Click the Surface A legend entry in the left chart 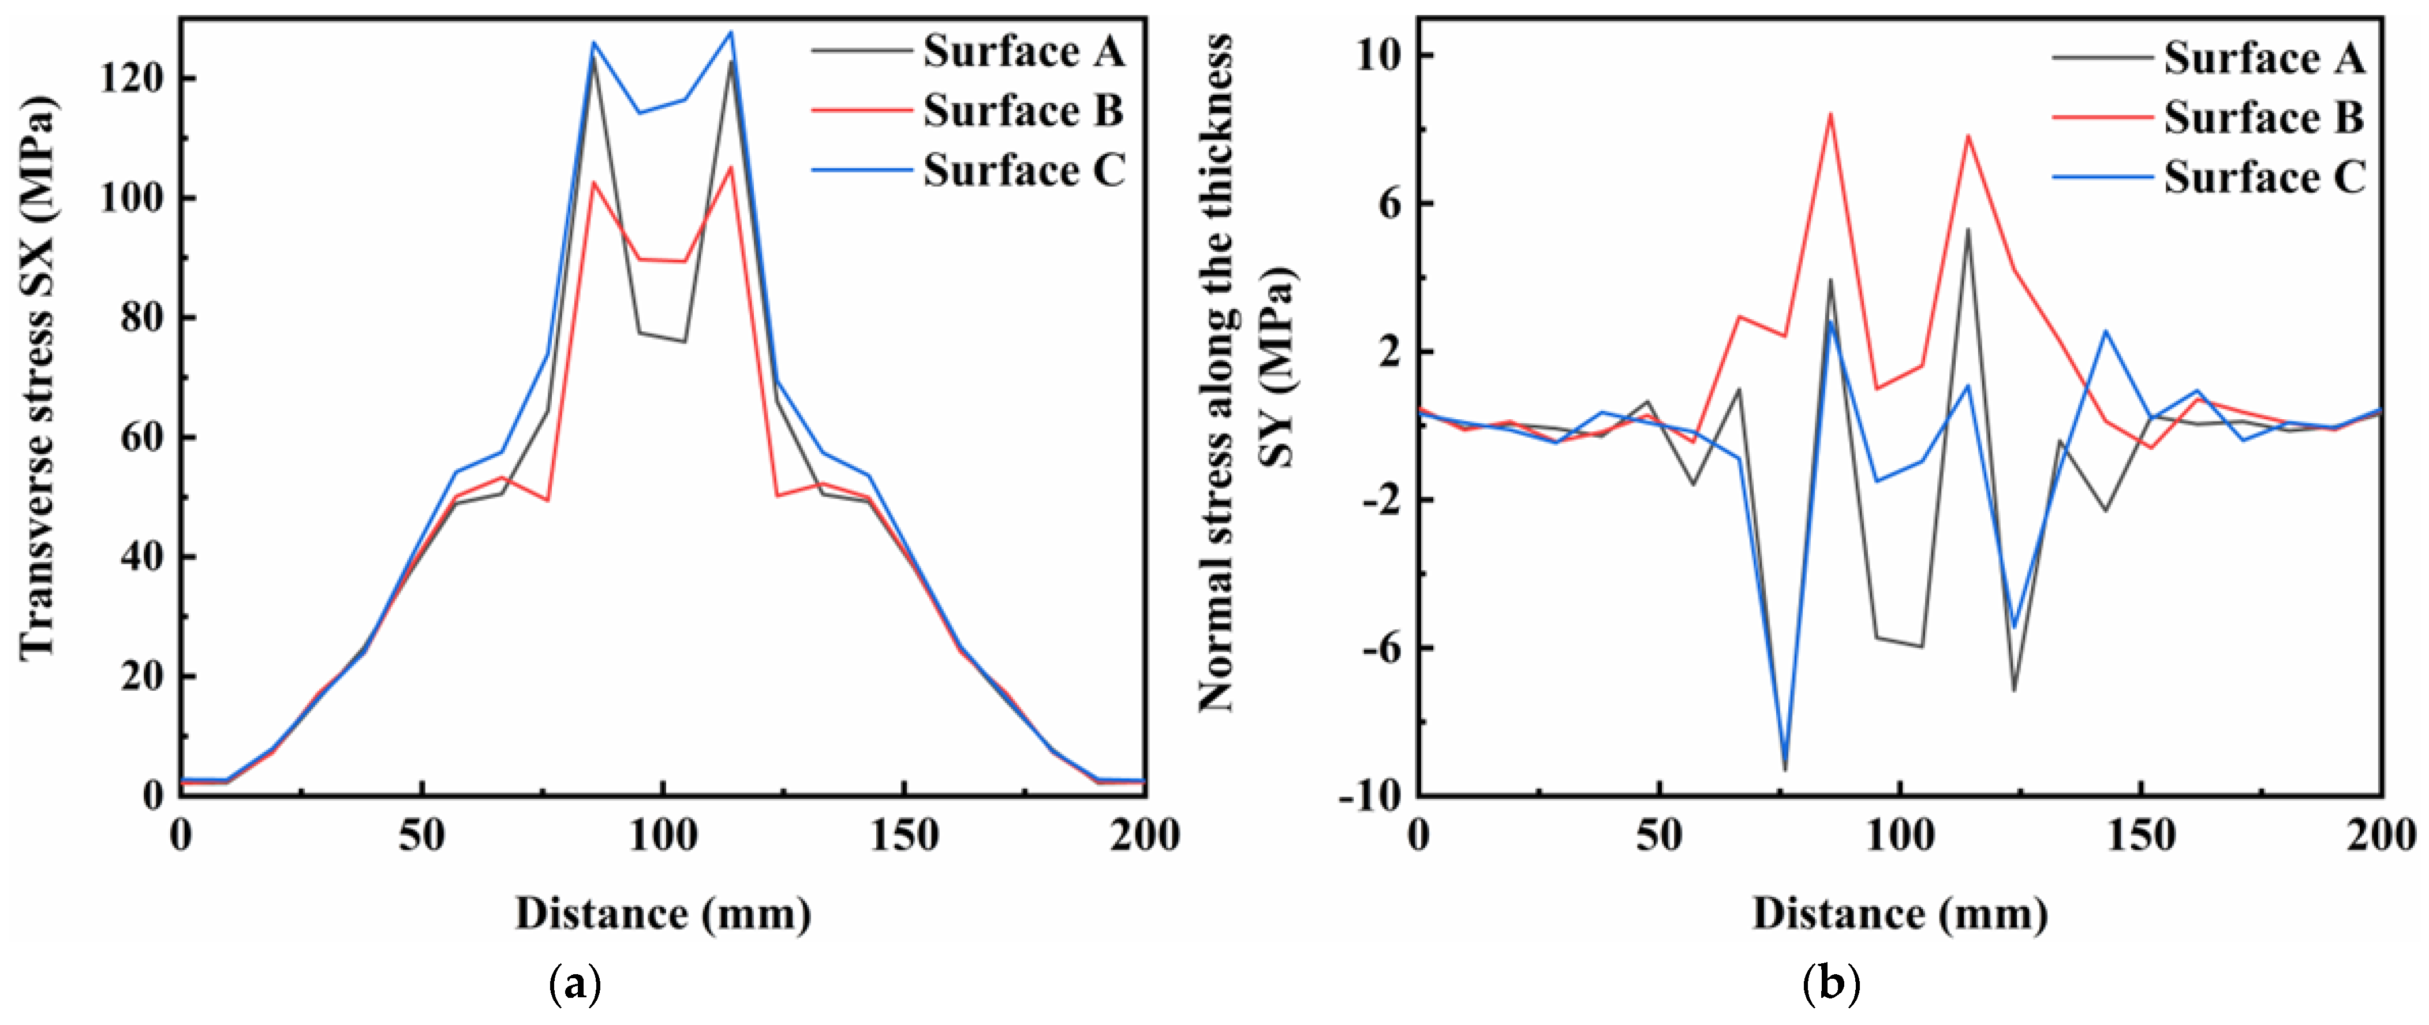pyautogui.click(x=1023, y=51)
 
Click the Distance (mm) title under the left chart pyautogui.click(x=663, y=913)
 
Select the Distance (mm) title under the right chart pyautogui.click(x=1900, y=913)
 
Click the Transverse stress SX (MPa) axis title pyautogui.click(x=38, y=377)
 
